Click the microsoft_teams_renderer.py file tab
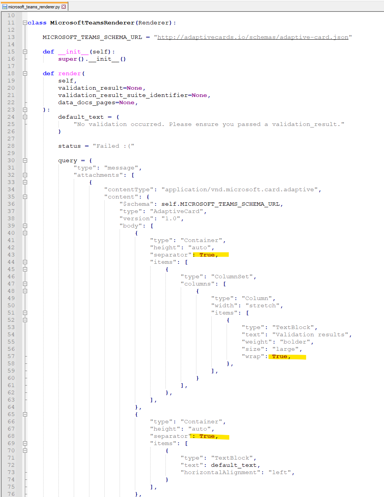coord(34,6)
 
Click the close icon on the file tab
coord(64,6)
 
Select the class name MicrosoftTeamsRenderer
coord(92,23)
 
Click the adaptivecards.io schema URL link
coord(253,37)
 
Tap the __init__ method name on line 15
coord(73,52)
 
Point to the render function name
coord(69,74)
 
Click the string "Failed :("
coord(113,146)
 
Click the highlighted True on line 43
coord(207,255)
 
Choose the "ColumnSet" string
coord(232,277)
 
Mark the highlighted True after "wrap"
coord(280,357)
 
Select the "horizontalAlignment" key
coord(220,473)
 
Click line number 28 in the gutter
coord(11,146)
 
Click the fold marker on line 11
coord(25,23)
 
